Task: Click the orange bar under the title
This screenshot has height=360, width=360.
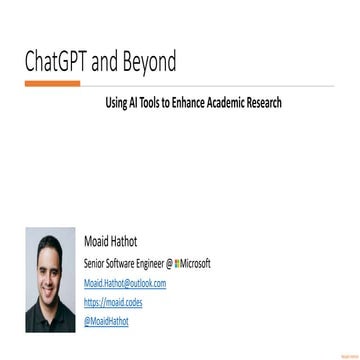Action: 52,85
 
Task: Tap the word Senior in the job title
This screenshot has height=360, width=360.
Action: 98,264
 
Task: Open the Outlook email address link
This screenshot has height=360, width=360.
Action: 125,284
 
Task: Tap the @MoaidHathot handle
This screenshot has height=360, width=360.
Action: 106,321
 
